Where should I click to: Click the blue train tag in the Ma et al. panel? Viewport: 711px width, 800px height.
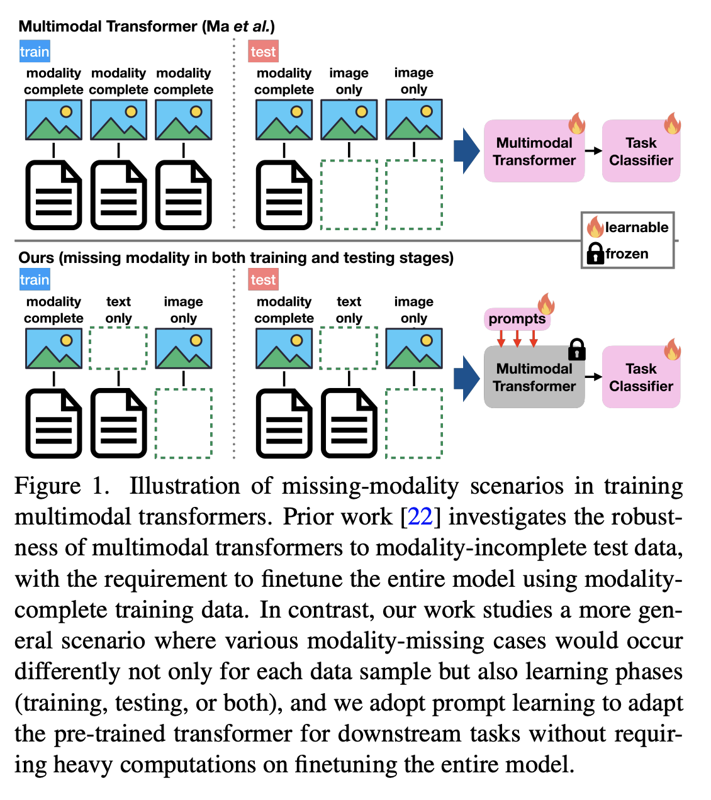(x=35, y=52)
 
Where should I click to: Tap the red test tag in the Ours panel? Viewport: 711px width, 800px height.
(x=263, y=280)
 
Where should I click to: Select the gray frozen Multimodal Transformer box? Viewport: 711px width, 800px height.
(x=534, y=378)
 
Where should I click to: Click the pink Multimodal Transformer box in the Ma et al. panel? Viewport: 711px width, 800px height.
(x=534, y=152)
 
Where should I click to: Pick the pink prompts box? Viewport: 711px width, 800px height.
(x=517, y=319)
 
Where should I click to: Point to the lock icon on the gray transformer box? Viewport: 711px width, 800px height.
(x=576, y=349)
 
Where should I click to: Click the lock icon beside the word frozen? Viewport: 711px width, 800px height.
(x=595, y=253)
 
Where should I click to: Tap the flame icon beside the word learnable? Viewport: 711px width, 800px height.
(x=595, y=226)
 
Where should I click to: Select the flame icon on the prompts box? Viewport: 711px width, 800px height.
(x=546, y=304)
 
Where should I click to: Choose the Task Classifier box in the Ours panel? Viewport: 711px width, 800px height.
(x=641, y=377)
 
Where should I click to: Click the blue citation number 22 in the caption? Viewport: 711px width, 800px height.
(x=420, y=517)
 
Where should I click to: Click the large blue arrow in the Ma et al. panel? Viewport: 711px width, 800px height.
(x=466, y=151)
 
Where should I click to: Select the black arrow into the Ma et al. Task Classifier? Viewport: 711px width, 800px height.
(x=593, y=151)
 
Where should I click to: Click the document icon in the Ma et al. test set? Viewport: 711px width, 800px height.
(x=284, y=196)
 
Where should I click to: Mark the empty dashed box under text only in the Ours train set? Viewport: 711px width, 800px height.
(x=118, y=348)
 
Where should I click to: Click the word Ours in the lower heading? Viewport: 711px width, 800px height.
(x=35, y=258)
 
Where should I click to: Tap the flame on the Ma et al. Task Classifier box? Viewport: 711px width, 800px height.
(x=672, y=123)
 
